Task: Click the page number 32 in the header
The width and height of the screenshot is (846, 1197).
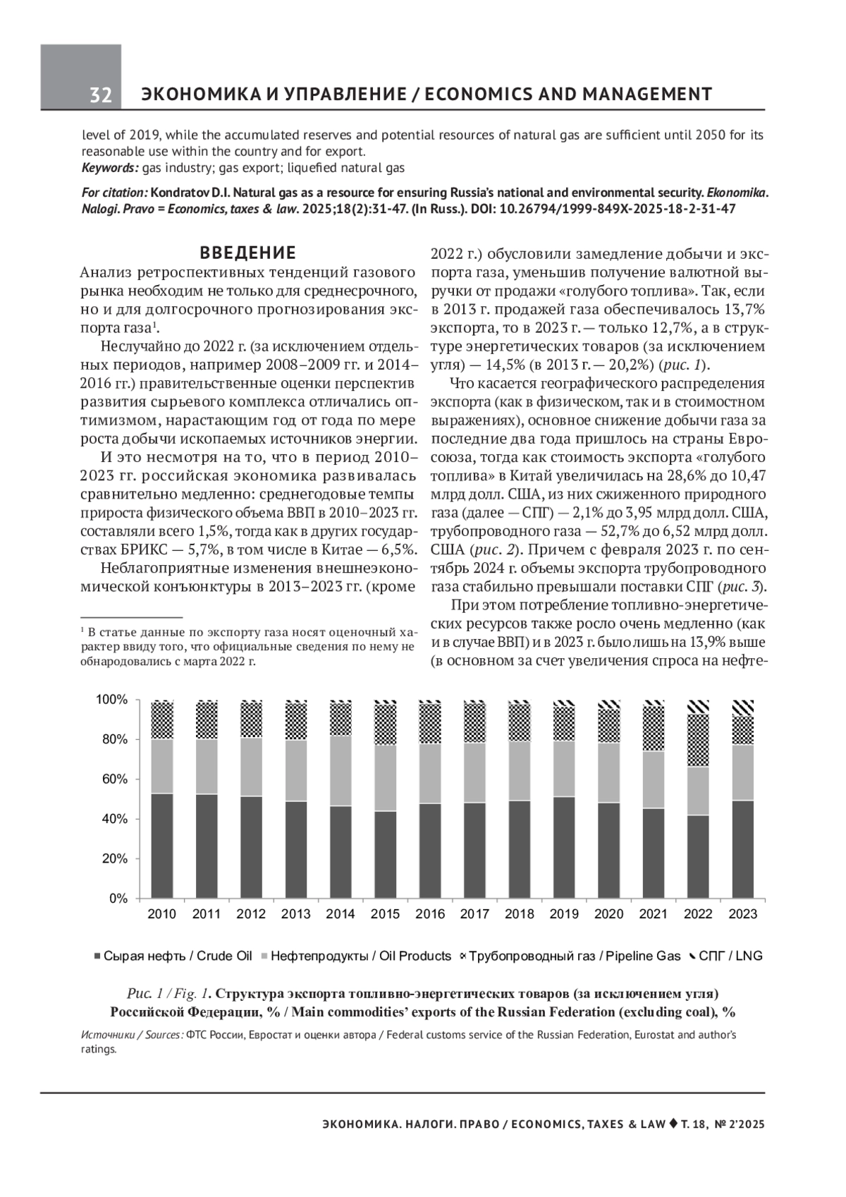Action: tap(101, 95)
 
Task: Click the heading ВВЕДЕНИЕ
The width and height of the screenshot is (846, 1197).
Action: tap(247, 253)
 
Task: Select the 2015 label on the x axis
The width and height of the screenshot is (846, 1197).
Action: tap(385, 914)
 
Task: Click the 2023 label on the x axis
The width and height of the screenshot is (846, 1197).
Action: tap(742, 914)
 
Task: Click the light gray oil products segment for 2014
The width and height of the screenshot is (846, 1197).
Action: tap(341, 770)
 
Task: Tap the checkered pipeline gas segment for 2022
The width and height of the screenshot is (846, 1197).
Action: tap(698, 741)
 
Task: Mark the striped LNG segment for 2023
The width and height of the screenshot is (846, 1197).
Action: tap(742, 708)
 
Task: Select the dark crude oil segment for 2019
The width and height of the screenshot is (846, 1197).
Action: tap(564, 846)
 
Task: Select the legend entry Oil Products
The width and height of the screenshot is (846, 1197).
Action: tap(360, 956)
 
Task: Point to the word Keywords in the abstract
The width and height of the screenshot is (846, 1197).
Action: tap(109, 169)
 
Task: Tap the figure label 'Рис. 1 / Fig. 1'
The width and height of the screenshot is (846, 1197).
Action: tap(168, 994)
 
